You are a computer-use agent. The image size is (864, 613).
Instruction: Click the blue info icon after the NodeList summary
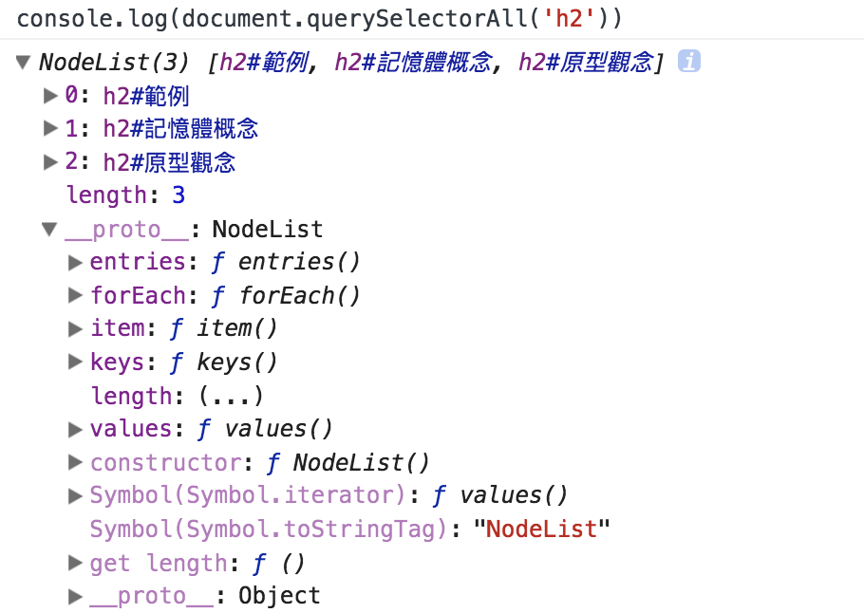[689, 63]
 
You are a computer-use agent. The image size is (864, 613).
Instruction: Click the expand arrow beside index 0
[50, 95]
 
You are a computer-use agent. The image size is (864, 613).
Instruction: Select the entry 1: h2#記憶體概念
[161, 129]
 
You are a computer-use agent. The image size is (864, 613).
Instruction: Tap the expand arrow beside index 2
[50, 162]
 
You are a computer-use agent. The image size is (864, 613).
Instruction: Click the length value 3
[178, 196]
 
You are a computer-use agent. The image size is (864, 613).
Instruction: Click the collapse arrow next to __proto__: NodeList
[49, 230]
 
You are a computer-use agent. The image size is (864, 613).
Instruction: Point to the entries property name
[137, 262]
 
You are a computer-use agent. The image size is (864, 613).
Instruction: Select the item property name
[117, 329]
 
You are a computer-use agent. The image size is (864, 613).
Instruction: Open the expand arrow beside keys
[76, 362]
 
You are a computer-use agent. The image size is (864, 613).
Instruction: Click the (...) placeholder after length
[230, 396]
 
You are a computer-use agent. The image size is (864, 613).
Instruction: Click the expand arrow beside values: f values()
[76, 429]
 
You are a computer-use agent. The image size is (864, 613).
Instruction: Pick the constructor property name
[165, 463]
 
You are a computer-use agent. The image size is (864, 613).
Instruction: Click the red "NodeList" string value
[541, 529]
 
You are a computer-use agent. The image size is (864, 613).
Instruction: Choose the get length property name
[158, 563]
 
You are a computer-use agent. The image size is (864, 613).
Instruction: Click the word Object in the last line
[279, 596]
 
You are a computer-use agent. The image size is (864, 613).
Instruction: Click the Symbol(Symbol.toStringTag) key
[268, 529]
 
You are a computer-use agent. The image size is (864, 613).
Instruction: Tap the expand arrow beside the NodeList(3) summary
[24, 63]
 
